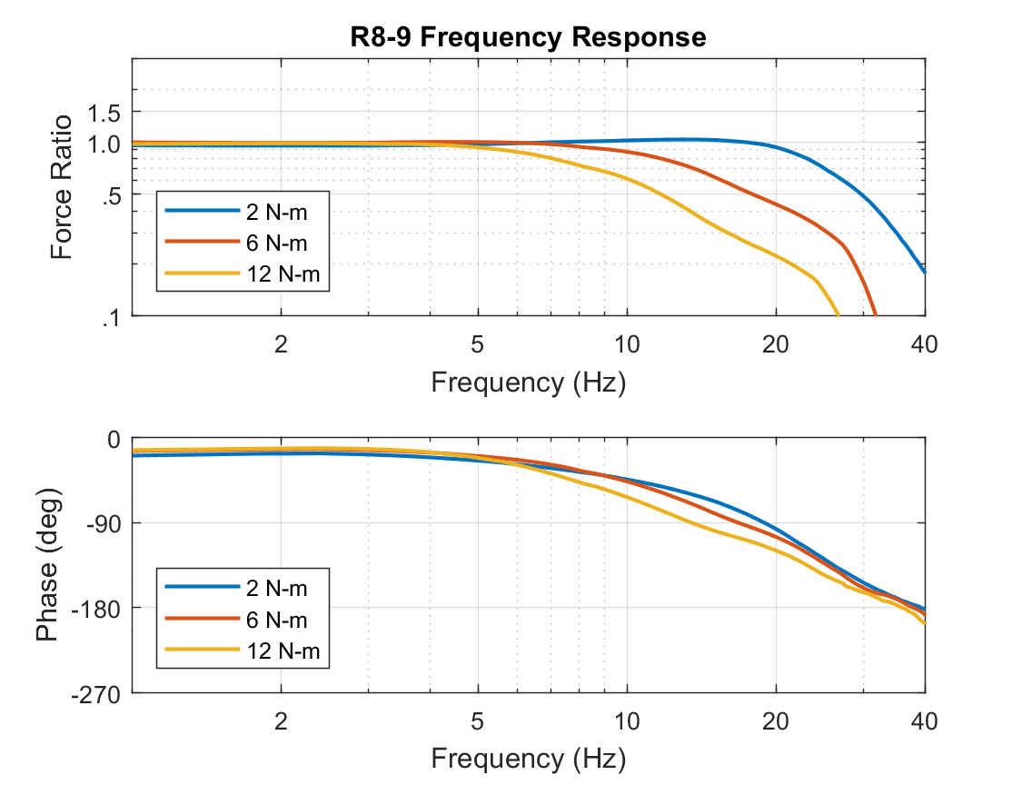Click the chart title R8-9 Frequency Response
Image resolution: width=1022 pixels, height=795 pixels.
tap(528, 37)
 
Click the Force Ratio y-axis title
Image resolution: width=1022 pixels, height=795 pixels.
tap(62, 187)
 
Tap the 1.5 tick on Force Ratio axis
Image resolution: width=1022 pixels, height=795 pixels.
tap(105, 113)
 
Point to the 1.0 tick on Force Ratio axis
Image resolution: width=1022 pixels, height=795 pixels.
tap(105, 144)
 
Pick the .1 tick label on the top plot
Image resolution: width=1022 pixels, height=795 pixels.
tap(112, 316)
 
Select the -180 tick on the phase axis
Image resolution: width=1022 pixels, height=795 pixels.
tap(98, 608)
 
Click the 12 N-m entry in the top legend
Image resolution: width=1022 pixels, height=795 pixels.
tap(282, 273)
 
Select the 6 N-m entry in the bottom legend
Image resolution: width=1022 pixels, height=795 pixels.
tap(276, 620)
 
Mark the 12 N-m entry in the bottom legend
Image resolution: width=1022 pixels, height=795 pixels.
tap(282, 651)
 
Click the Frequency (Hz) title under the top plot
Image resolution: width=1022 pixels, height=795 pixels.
tap(528, 382)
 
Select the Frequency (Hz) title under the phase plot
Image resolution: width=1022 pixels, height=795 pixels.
tap(528, 758)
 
